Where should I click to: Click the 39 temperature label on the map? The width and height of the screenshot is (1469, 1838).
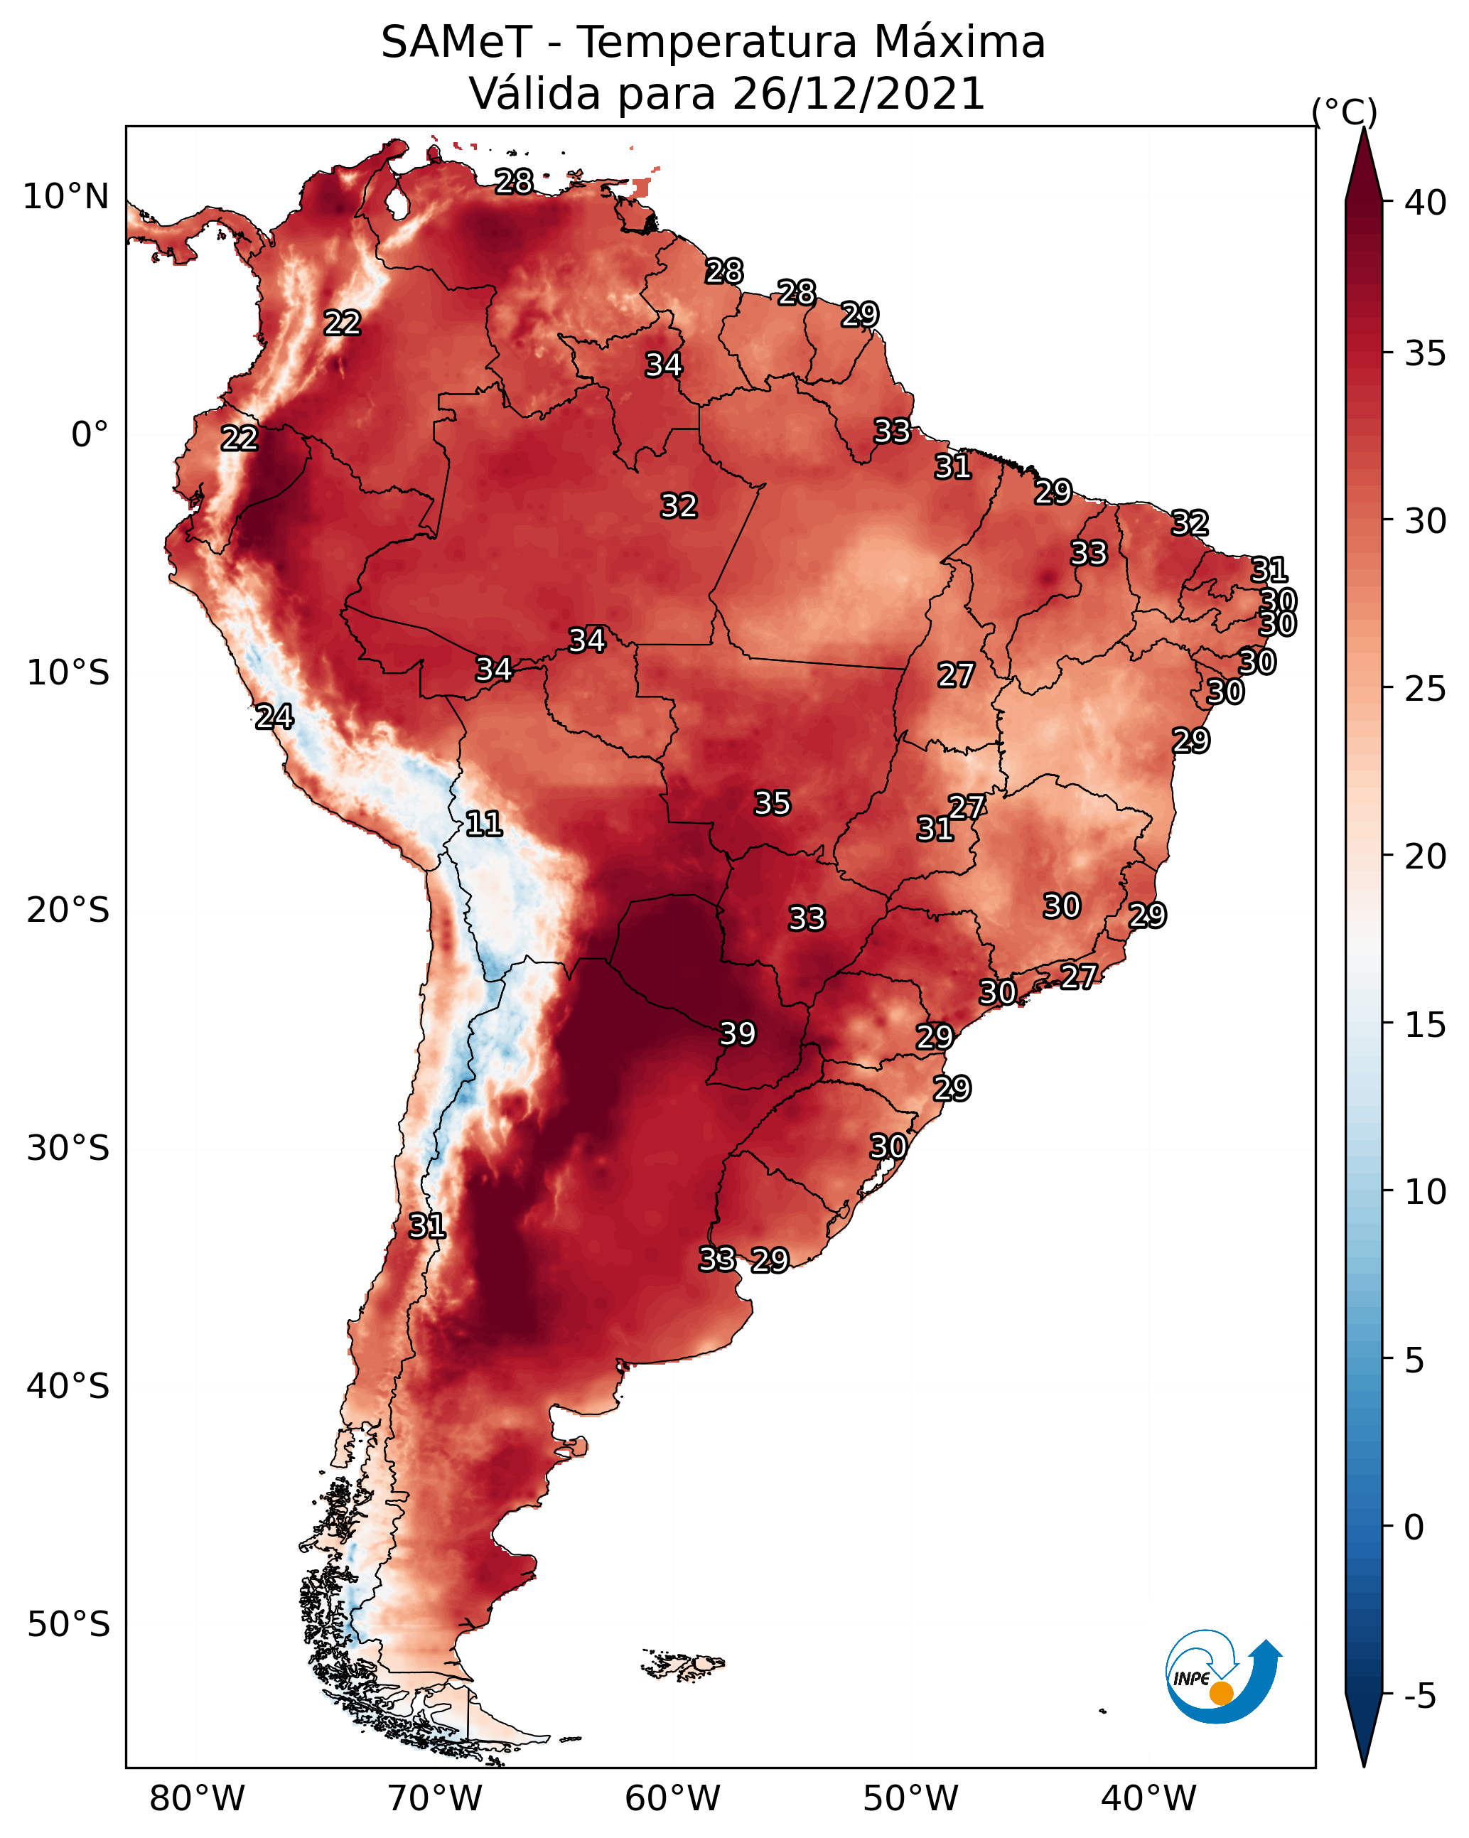738,1033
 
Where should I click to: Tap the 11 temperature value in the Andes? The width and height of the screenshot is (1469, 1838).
483,824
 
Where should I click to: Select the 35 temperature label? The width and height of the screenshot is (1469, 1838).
773,803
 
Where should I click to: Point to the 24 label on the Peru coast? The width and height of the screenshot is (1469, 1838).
274,717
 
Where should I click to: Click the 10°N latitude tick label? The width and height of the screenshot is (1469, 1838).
65,197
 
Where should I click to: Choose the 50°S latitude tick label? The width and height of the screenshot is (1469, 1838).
68,1625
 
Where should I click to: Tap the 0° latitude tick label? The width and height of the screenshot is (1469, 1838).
90,435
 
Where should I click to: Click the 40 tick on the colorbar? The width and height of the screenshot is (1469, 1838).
1426,203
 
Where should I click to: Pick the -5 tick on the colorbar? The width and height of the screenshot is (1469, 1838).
1419,1697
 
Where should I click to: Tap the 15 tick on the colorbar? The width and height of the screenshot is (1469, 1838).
1426,1025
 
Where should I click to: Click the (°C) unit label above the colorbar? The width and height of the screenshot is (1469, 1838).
1344,112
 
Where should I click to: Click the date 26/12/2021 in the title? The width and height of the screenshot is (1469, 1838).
858,94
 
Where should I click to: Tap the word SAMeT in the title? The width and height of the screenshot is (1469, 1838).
456,43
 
